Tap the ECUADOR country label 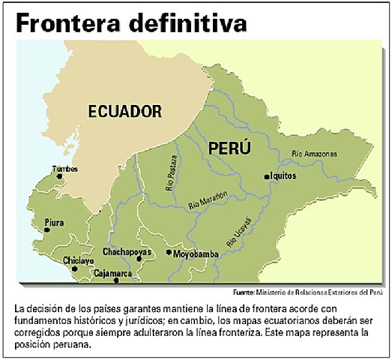click(125, 112)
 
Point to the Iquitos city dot click(267, 176)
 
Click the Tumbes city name click(64, 169)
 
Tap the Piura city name click(55, 223)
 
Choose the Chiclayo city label click(79, 260)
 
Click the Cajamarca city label click(112, 274)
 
